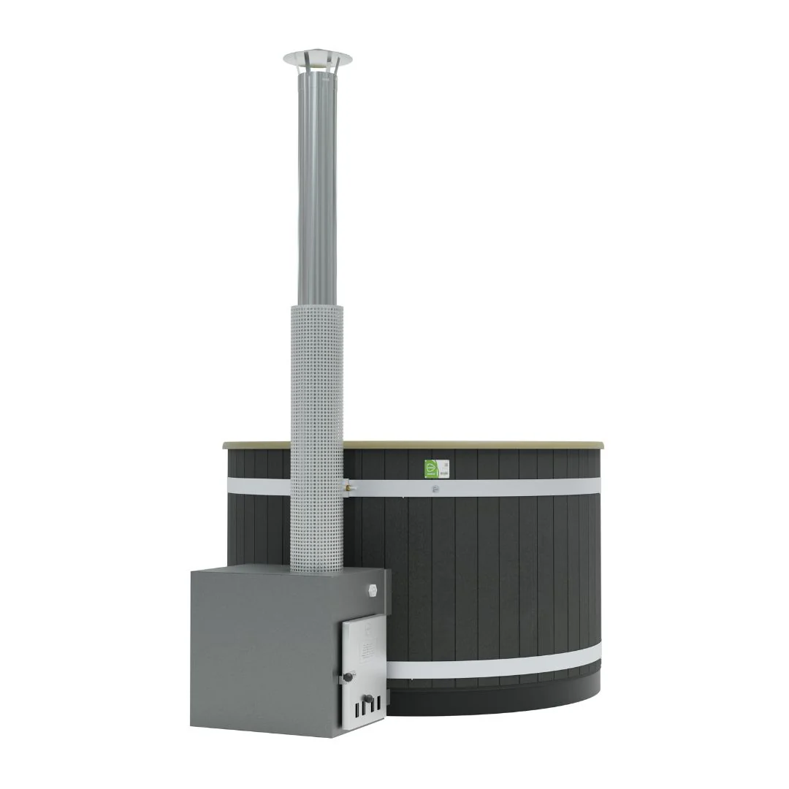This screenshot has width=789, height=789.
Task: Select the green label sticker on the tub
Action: click(432, 468)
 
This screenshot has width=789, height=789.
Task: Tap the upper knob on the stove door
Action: click(348, 677)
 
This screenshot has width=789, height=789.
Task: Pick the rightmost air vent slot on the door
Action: click(378, 705)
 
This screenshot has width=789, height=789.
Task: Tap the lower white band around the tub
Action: click(497, 663)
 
